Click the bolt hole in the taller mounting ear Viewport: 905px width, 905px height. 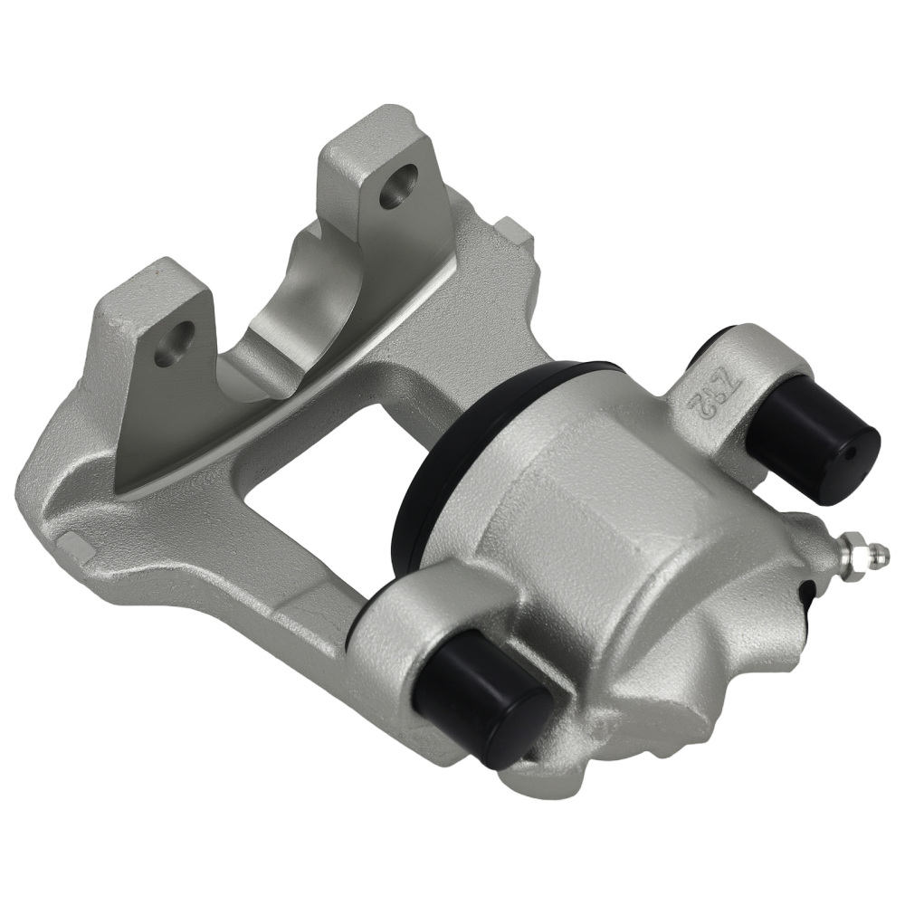point(397,188)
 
